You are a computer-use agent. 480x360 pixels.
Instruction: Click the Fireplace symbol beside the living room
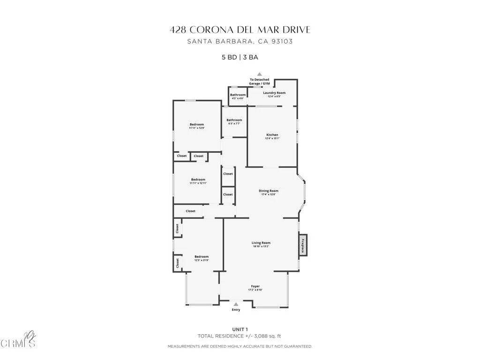[x=303, y=245]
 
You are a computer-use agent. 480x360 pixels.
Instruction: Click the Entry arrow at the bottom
[x=236, y=304]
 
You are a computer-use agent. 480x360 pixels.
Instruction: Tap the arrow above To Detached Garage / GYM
[x=259, y=74]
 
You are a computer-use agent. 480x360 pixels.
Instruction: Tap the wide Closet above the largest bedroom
[x=190, y=211]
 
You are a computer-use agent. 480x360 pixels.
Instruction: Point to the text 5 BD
[x=229, y=58]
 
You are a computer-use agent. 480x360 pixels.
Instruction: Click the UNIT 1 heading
[x=240, y=329]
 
